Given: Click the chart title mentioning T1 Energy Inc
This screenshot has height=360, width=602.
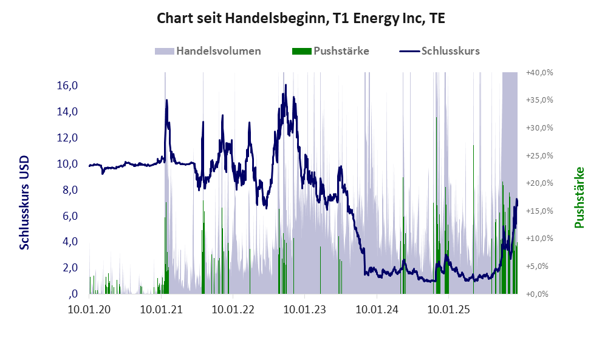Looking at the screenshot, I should [301, 18].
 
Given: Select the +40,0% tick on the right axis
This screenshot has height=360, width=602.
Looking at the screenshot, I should [539, 73].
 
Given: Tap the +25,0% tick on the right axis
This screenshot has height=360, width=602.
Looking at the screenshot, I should [539, 156].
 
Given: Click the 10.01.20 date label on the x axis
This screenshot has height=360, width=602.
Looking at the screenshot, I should [89, 310].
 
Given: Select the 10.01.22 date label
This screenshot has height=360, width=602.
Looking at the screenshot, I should [232, 310].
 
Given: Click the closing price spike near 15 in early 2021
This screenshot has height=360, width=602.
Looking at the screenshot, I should [166, 100].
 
